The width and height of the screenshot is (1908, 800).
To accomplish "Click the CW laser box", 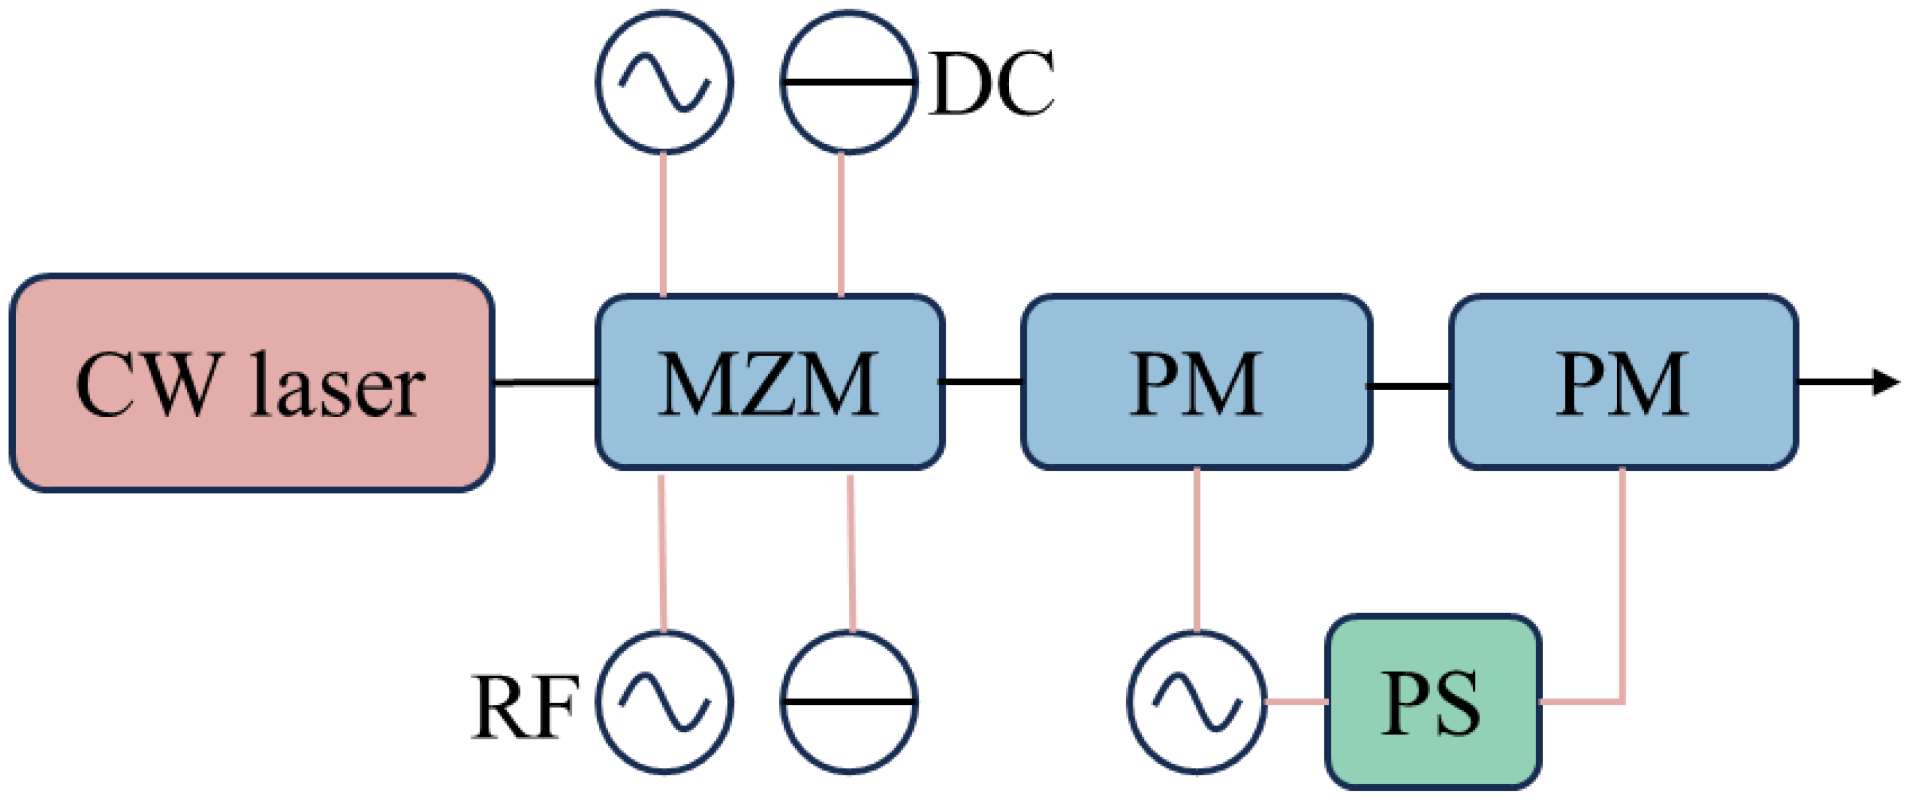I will click(252, 383).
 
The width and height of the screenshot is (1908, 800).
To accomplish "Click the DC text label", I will click(991, 84).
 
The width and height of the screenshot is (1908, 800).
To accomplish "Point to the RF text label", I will click(525, 709).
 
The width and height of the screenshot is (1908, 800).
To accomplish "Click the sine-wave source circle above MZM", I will click(664, 82).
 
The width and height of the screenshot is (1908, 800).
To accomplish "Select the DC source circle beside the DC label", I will click(849, 82).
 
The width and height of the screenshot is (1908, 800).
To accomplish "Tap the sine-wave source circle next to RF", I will click(664, 701).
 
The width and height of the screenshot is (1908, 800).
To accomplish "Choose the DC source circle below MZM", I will click(849, 701).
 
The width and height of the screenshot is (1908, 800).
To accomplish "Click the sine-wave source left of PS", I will click(1197, 701).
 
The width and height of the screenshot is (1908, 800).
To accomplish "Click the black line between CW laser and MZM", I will click(544, 382).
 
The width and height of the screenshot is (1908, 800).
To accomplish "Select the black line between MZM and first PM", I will click(982, 382).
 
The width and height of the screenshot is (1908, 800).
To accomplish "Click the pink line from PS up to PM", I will click(1623, 585).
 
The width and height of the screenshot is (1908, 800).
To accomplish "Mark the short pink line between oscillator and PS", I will click(1296, 701).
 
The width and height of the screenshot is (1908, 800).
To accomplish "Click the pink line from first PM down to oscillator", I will click(1197, 548).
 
